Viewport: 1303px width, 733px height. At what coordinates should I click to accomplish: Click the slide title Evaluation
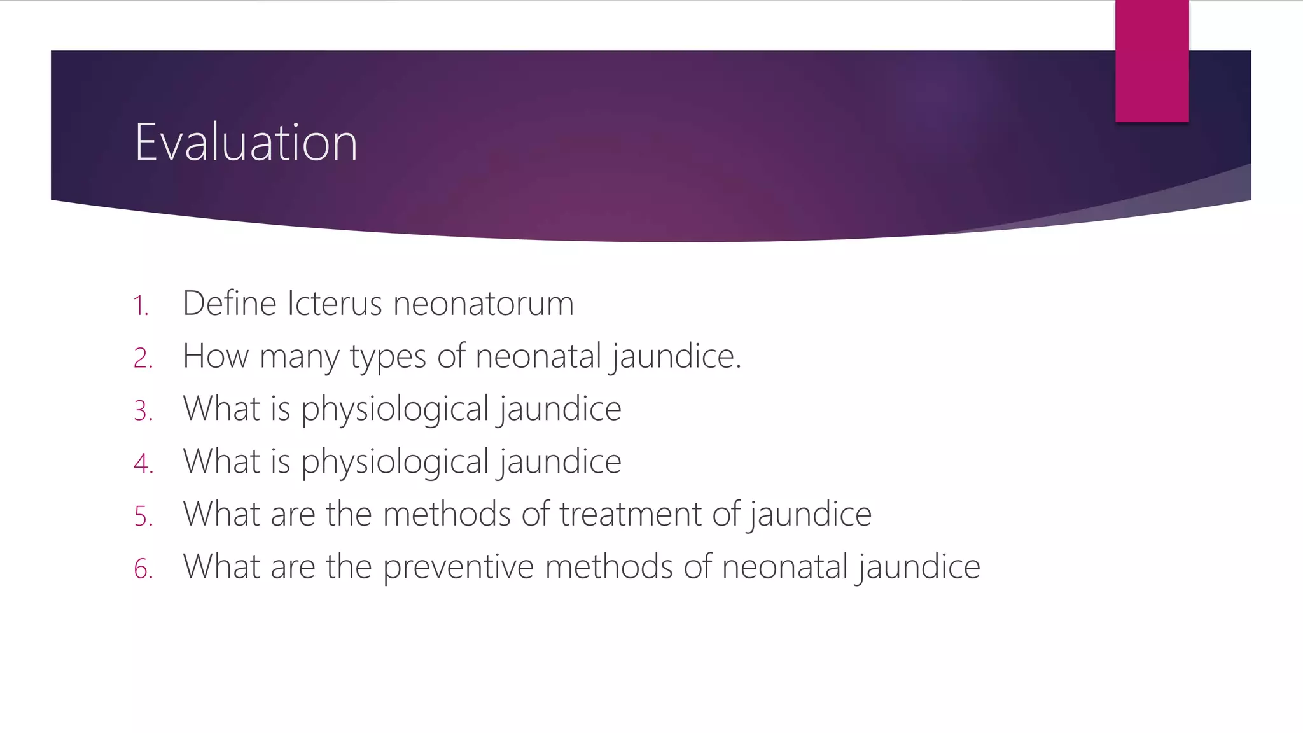coord(246,143)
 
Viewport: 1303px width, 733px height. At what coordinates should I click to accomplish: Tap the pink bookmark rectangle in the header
coord(1152,61)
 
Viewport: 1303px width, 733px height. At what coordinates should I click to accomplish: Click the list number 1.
coord(141,306)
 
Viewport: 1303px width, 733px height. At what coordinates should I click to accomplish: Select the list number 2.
coord(143,358)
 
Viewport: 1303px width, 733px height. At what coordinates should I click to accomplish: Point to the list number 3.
coord(143,411)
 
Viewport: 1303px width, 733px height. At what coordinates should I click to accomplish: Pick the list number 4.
coord(143,463)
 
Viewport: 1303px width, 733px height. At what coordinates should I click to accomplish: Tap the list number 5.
coord(143,516)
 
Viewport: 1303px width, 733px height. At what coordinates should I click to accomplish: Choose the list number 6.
coord(143,569)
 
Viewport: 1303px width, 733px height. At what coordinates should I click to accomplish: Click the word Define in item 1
coord(230,303)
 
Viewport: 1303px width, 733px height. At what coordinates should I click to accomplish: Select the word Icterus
coord(334,303)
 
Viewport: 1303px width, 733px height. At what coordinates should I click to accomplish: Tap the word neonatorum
coord(484,303)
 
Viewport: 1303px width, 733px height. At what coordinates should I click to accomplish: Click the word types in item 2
coord(387,357)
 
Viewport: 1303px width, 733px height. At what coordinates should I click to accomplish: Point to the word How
coord(215,356)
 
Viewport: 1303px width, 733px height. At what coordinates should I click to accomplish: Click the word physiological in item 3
coord(394,409)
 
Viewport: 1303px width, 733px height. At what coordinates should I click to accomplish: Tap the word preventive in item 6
coord(458,567)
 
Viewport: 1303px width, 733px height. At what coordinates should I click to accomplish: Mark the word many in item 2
coord(299,357)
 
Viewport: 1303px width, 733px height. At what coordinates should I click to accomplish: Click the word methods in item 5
coord(447,514)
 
